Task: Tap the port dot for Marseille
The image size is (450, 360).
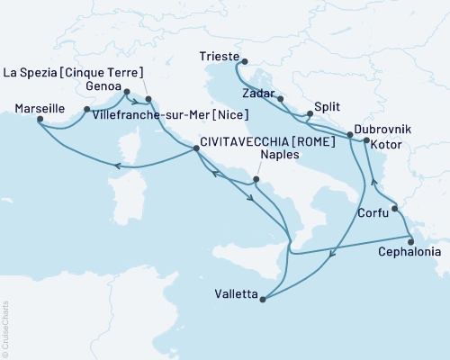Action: click(x=40, y=123)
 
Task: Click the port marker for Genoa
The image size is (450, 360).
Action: click(x=126, y=92)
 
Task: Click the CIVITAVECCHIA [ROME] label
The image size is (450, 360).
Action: click(x=256, y=141)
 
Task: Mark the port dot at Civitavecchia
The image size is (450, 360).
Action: click(x=197, y=150)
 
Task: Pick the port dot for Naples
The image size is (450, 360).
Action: click(x=256, y=180)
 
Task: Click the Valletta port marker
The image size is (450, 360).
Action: click(x=262, y=301)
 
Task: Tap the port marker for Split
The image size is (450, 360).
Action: click(x=309, y=114)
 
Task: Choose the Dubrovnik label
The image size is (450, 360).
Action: click(x=384, y=130)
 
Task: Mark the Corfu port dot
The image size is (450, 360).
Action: click(x=394, y=209)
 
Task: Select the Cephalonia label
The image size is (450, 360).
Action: click(x=411, y=253)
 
